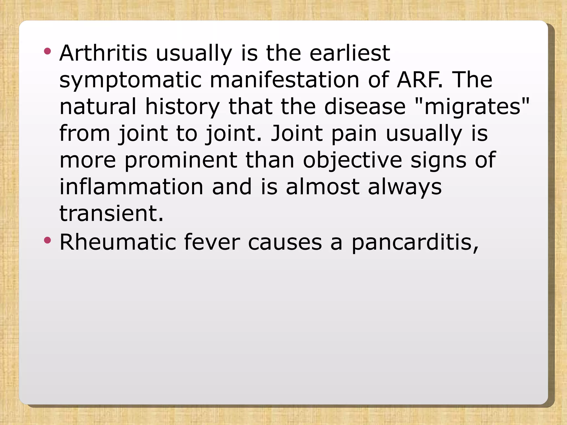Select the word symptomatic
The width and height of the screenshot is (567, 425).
[x=130, y=80]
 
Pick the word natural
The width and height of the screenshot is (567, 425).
[x=98, y=107]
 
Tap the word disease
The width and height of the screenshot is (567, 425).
[x=365, y=107]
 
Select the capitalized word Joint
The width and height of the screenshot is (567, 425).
[x=297, y=134]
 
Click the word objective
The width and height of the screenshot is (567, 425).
[x=352, y=160]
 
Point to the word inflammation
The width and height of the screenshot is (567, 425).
[x=132, y=187]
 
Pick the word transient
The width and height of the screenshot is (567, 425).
[x=111, y=214]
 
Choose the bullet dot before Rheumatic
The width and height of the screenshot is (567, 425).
[x=47, y=240]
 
